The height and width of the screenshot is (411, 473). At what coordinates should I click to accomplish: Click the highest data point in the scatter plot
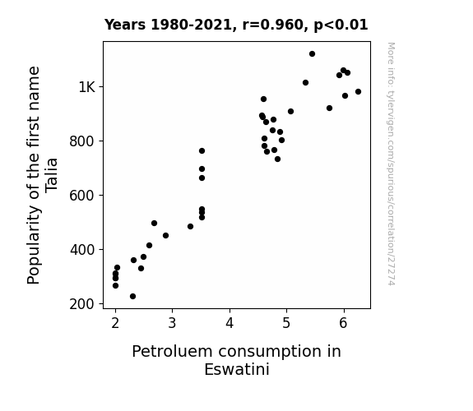(312, 54)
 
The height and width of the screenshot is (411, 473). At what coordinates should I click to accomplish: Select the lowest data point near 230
(132, 297)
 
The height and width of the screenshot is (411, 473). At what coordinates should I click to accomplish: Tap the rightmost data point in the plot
(358, 92)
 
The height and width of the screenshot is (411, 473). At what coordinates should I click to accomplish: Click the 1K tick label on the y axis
(87, 87)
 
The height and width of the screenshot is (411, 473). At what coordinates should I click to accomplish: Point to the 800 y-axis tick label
(82, 141)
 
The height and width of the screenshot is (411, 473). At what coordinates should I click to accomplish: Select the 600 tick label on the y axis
(82, 196)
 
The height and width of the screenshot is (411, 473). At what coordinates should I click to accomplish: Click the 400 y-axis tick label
(82, 250)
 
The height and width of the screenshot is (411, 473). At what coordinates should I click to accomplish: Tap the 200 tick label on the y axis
(82, 304)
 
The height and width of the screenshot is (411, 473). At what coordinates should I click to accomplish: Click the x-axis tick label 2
(115, 323)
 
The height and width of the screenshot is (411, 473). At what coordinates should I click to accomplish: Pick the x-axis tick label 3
(172, 323)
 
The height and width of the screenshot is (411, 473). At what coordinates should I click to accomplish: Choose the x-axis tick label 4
(230, 323)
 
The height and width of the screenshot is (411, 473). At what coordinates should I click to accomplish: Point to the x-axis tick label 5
(286, 323)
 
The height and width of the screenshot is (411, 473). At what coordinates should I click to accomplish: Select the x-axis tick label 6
(343, 323)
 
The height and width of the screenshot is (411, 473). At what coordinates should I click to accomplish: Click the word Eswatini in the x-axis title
(237, 369)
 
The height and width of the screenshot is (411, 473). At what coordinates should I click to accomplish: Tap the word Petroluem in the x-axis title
(173, 352)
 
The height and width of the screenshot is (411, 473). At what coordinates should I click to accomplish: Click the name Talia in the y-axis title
(51, 175)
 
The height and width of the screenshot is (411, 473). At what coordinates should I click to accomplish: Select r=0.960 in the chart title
(273, 25)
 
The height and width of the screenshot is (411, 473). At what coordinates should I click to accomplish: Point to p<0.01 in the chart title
(341, 25)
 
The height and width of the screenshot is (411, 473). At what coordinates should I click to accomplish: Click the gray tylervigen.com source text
(391, 164)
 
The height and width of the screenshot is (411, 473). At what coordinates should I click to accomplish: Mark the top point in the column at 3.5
(202, 150)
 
